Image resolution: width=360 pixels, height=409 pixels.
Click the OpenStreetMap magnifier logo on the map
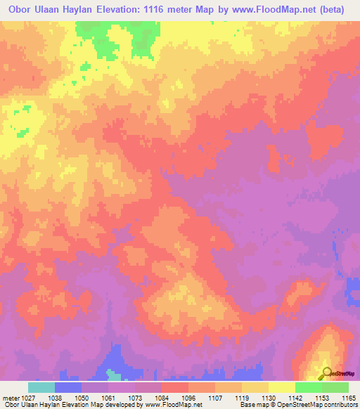[326, 373]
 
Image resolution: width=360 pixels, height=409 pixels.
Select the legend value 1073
[134, 397]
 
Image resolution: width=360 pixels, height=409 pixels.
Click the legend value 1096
[188, 397]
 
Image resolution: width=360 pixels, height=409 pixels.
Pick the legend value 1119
[241, 397]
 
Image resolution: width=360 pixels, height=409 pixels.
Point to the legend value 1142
[295, 397]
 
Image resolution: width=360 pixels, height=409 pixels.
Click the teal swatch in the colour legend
[41, 387]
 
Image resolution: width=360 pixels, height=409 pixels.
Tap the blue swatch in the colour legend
[68, 387]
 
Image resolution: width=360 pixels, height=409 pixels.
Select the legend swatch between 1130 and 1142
[282, 387]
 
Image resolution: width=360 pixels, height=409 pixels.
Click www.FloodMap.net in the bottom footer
[168, 405]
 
